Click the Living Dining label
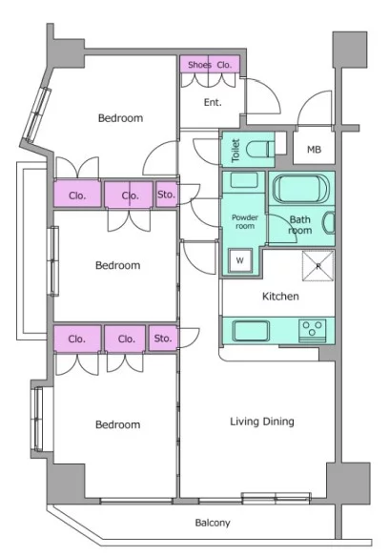tap(262, 422)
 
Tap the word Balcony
tap(213, 523)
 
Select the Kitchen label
tap(280, 296)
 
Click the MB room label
tap(315, 150)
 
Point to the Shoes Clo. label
tap(210, 65)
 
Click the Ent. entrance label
tap(213, 102)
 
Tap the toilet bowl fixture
tap(259, 149)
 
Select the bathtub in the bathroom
tap(301, 190)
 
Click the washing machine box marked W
tap(240, 260)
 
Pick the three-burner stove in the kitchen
tap(312, 330)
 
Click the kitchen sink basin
tap(251, 331)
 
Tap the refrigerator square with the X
tap(318, 266)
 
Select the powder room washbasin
tap(244, 180)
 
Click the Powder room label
tap(245, 221)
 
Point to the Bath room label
tap(300, 225)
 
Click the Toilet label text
tap(235, 151)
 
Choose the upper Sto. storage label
tap(166, 195)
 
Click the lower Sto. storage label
tap(163, 339)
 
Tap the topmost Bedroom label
tap(120, 118)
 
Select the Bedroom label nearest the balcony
tap(117, 424)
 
